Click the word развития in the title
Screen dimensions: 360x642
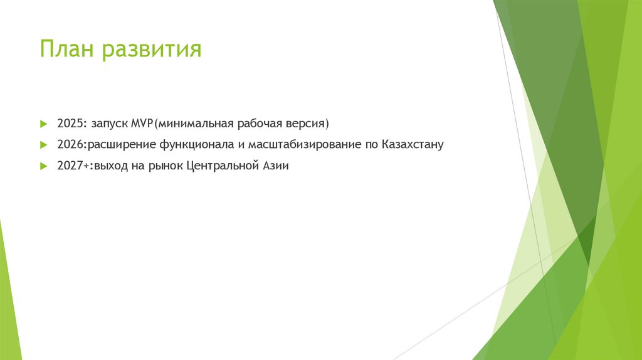152,49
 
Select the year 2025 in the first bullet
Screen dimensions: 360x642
68,122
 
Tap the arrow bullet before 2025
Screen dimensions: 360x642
43,122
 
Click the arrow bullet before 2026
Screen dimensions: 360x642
43,144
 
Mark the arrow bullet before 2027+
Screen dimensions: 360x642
43,166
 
